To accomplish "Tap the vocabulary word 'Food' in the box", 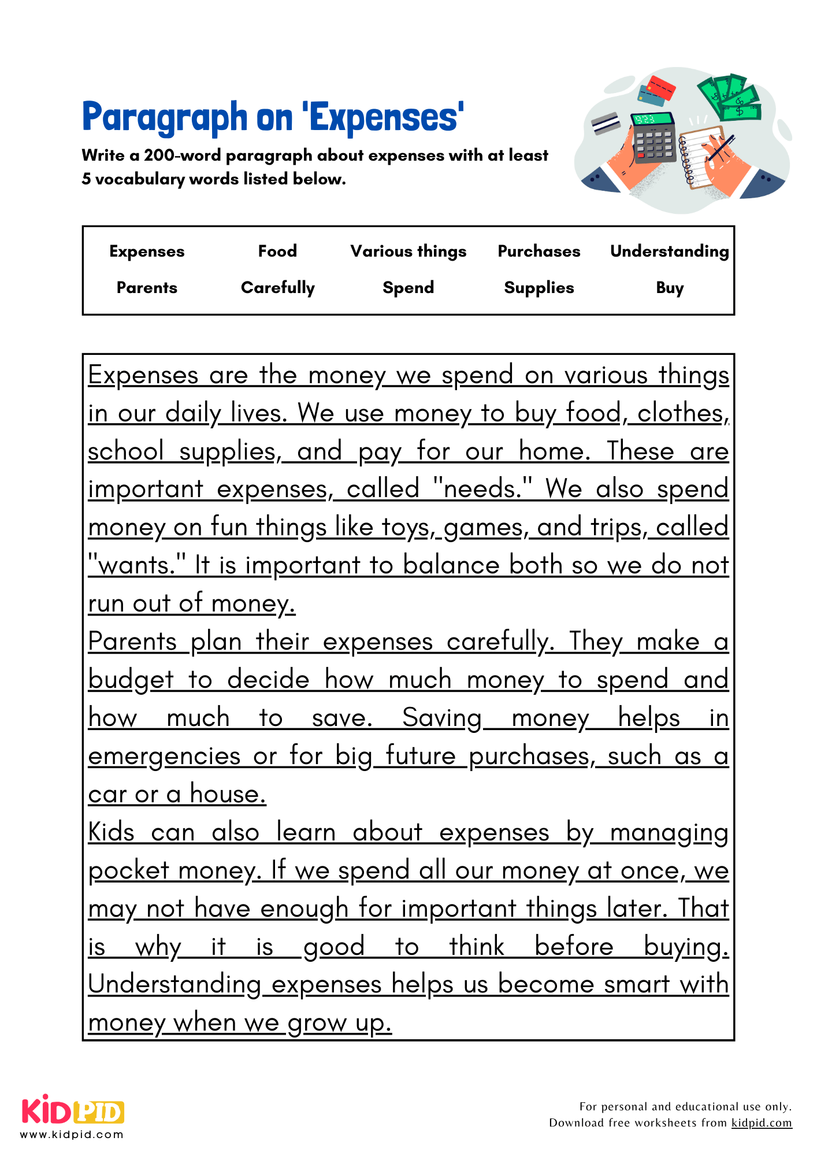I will click(x=277, y=251).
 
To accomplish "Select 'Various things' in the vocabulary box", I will click(x=408, y=251).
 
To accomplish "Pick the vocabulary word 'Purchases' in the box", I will click(x=539, y=251).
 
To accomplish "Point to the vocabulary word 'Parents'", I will click(x=147, y=288).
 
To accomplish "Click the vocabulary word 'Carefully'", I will click(x=278, y=288).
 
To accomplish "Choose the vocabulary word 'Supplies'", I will click(x=539, y=288).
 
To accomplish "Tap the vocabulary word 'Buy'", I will click(x=670, y=288).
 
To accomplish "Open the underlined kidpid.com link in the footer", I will click(x=762, y=1123).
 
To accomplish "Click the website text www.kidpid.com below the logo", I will click(x=72, y=1135).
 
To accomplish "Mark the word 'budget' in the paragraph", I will click(x=131, y=680).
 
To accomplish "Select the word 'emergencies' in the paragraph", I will click(x=164, y=757).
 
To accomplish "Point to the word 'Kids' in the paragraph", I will click(x=112, y=833).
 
